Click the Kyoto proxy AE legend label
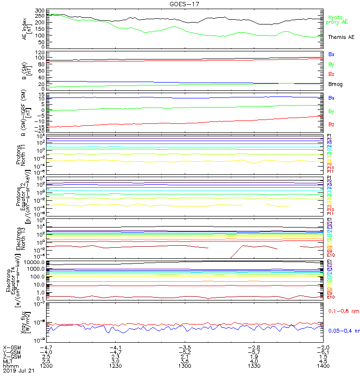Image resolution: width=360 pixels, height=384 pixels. [x=338, y=19]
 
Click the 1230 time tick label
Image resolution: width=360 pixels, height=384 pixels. [x=116, y=366]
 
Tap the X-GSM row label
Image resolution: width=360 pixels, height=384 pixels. [x=12, y=347]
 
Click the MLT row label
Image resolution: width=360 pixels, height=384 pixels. [x=8, y=361]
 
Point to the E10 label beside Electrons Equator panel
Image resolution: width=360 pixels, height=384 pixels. [x=331, y=297]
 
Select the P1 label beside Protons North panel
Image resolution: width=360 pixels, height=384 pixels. [x=329, y=136]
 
